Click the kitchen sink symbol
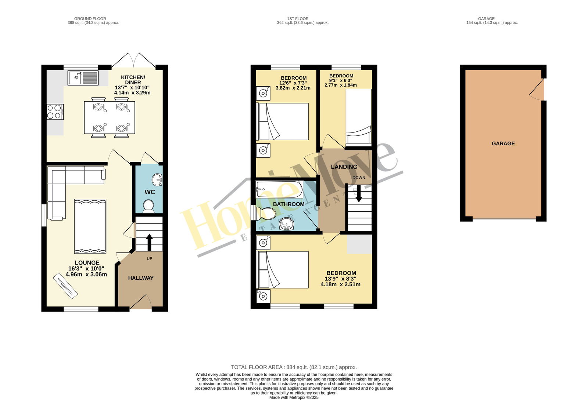[x=83, y=78]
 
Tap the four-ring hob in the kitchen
[x=55, y=112]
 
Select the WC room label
[x=150, y=192]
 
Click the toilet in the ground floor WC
[x=148, y=206]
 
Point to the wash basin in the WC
[x=157, y=179]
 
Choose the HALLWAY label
[x=141, y=278]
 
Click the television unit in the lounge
[x=65, y=286]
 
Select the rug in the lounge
[x=90, y=226]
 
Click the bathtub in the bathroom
[x=280, y=189]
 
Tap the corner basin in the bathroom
[x=286, y=225]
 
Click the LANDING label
[x=344, y=167]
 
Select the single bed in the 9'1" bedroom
[x=359, y=117]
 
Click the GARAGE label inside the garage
[x=503, y=143]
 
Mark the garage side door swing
[x=537, y=89]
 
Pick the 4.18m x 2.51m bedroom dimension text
[x=340, y=284]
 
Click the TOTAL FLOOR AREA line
[x=294, y=367]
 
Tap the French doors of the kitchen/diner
[x=133, y=60]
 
